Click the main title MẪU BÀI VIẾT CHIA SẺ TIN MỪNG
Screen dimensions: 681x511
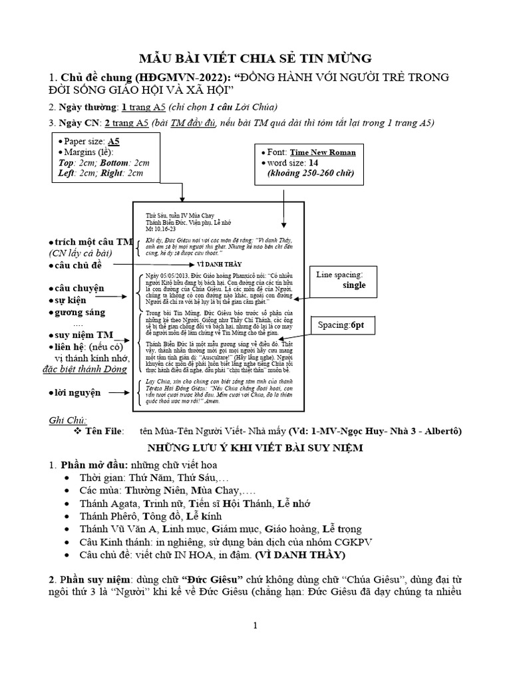(255, 57)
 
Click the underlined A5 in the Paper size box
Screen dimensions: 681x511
(114, 142)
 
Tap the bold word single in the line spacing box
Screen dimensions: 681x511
(354, 285)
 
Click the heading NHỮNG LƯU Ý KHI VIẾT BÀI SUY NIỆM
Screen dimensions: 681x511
(255, 448)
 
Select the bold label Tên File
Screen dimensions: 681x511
(103, 432)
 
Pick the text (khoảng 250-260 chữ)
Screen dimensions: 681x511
(311, 174)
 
